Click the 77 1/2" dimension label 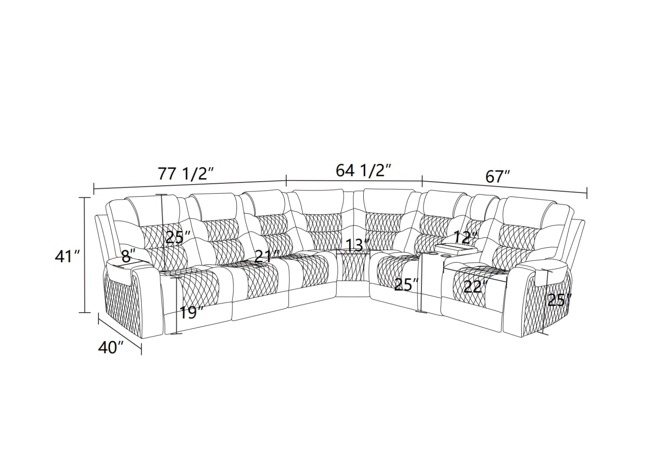click(186, 174)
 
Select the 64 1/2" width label click(364, 171)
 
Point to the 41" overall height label click(67, 257)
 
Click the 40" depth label click(111, 347)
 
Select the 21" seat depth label click(267, 256)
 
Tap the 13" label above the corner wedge click(358, 245)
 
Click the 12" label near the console click(465, 238)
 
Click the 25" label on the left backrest click(178, 238)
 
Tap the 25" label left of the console click(407, 285)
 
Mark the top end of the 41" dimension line click(85, 197)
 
